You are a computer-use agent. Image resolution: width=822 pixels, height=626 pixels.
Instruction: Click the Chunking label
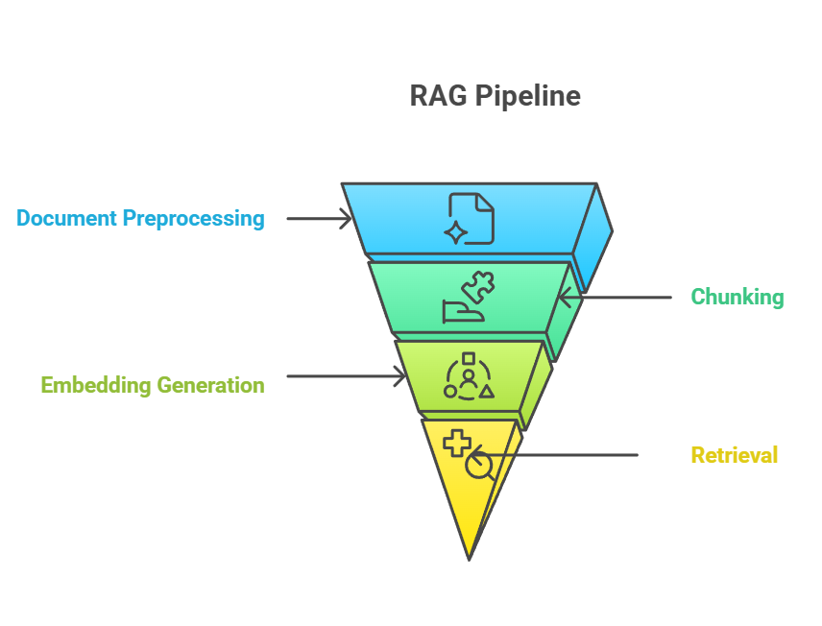(x=737, y=297)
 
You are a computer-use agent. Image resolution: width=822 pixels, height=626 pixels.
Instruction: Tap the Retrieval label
(x=735, y=455)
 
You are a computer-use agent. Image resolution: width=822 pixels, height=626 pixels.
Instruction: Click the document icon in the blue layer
(x=471, y=218)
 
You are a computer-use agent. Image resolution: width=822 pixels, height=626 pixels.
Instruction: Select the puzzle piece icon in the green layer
(x=477, y=288)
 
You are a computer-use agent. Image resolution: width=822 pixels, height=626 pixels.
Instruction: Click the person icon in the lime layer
(x=468, y=379)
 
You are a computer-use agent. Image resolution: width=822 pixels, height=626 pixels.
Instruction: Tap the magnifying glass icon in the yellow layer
(x=480, y=467)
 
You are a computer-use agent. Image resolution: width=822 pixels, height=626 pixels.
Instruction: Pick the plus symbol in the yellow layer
(x=457, y=443)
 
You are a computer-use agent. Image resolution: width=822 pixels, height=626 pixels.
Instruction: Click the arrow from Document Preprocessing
(x=320, y=219)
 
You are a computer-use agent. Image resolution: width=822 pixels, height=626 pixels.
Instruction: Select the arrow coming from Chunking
(x=615, y=298)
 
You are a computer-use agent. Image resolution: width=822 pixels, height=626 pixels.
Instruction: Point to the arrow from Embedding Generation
(x=347, y=376)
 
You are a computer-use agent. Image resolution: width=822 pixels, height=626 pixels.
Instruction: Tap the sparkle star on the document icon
(x=456, y=231)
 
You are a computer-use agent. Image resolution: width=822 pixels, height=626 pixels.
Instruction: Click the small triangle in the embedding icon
(x=487, y=391)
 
